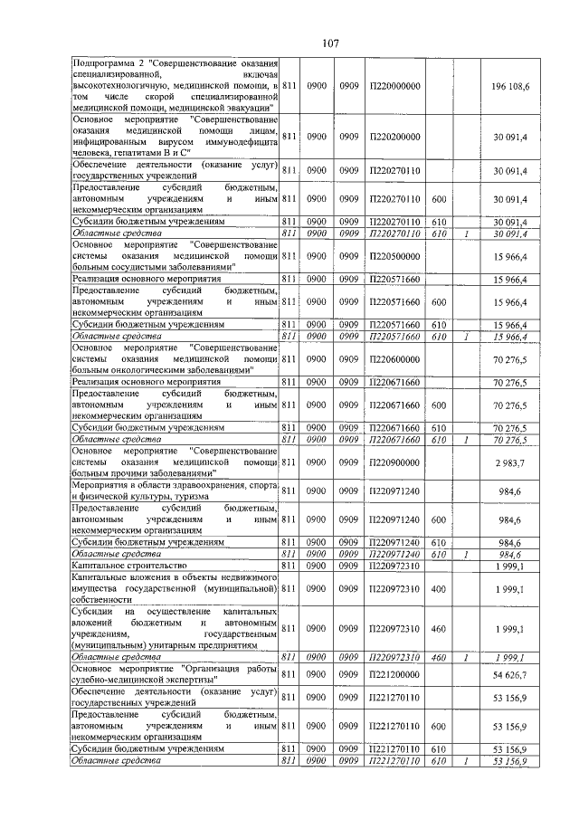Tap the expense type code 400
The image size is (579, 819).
point(440,589)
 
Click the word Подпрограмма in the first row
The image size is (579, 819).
point(106,61)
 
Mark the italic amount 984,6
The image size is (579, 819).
point(525,553)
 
